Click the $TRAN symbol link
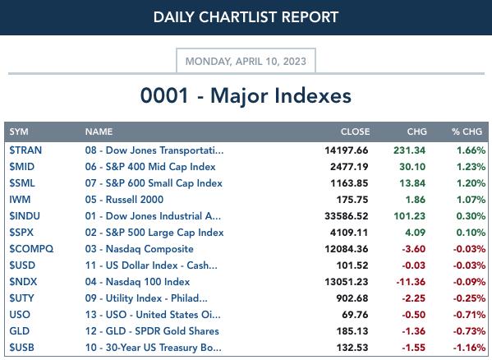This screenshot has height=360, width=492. point(25,150)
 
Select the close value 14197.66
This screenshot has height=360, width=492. point(347,150)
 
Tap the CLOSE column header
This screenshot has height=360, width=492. point(355,132)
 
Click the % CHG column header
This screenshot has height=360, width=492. point(467,132)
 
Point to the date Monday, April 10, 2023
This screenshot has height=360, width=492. point(246,61)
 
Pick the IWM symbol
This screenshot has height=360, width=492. point(20,200)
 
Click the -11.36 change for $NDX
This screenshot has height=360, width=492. point(411,282)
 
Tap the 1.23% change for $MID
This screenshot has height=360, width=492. point(471,167)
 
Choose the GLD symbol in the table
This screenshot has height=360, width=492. point(19,331)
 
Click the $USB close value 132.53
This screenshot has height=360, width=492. point(352,348)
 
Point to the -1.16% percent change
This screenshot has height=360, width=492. point(469,348)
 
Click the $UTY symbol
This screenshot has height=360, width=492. point(21,298)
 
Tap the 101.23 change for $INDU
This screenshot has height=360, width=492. point(410,216)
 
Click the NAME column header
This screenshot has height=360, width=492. point(99,132)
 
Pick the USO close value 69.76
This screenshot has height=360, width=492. point(355,315)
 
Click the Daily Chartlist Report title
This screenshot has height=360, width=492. point(246,17)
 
